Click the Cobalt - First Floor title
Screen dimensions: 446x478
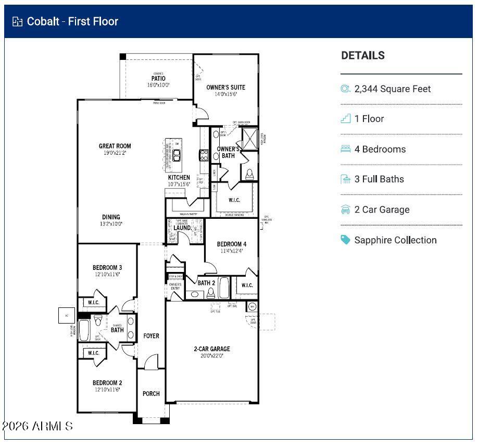click(72, 21)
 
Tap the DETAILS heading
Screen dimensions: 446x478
click(363, 56)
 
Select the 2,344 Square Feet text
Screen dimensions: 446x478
click(393, 89)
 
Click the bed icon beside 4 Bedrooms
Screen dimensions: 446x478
click(346, 149)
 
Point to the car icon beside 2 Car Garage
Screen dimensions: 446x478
click(346, 209)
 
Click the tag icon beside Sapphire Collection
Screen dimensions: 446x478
click(346, 240)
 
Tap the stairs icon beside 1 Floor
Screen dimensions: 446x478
click(346, 119)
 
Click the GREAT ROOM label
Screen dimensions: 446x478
click(115, 146)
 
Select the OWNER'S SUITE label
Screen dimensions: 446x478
click(225, 87)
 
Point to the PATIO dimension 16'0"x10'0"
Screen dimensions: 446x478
click(158, 85)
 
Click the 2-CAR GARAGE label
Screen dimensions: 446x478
click(212, 349)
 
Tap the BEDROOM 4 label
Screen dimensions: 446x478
click(232, 244)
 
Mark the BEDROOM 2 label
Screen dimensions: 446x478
click(107, 382)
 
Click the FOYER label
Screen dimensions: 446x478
click(152, 336)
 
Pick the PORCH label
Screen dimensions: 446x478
click(152, 393)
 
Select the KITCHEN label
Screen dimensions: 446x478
click(179, 178)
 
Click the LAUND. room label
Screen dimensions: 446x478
click(182, 228)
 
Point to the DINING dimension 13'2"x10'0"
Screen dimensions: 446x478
click(111, 224)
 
